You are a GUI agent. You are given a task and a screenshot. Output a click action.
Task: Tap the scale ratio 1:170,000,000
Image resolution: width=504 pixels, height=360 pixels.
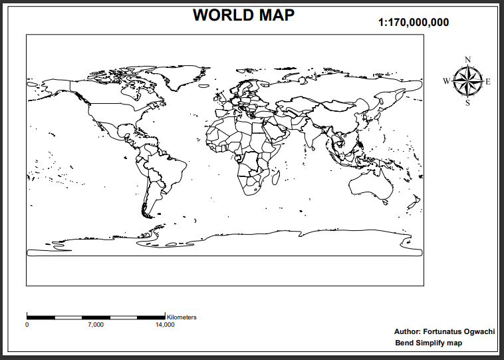[x=414, y=23]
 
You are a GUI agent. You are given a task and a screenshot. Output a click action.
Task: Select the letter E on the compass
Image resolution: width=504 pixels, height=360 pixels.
[x=488, y=82]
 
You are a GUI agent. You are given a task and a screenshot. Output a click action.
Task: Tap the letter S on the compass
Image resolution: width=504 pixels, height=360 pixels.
[x=468, y=102]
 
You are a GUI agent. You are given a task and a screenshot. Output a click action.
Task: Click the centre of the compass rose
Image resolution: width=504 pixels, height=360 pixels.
[x=468, y=81]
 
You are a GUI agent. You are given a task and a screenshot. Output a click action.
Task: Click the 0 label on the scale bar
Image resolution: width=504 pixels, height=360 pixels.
[x=27, y=325]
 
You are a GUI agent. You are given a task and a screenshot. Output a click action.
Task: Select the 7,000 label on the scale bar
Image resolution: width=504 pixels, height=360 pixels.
[x=96, y=325]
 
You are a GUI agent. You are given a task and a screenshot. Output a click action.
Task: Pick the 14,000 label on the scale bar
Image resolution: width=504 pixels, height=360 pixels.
[x=165, y=325]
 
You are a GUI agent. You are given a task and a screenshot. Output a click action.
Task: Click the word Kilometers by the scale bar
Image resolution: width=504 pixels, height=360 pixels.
[x=182, y=317]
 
